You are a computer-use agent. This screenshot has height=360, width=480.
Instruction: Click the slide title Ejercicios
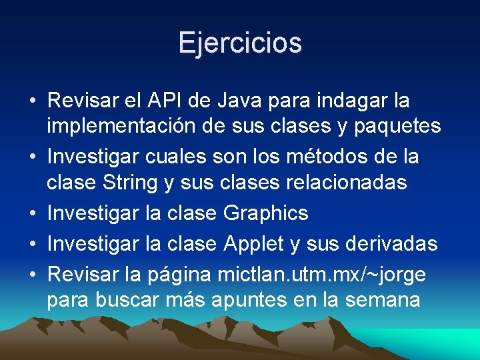point(240,43)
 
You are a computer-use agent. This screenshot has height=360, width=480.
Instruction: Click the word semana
point(382,299)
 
